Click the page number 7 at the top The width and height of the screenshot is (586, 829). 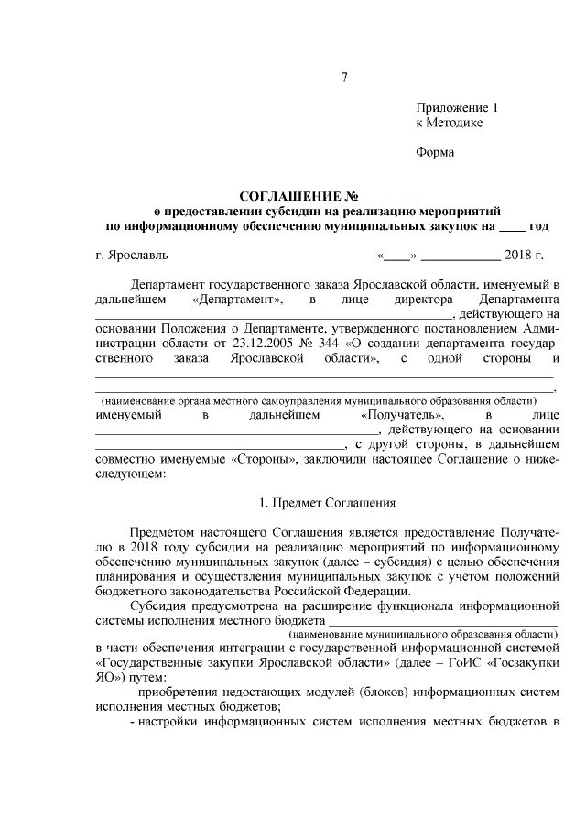pyautogui.click(x=345, y=78)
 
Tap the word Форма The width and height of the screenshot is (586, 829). pyautogui.click(x=435, y=152)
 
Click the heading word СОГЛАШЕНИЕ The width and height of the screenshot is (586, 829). pyautogui.click(x=290, y=196)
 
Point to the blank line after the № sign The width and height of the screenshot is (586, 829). pyautogui.click(x=389, y=198)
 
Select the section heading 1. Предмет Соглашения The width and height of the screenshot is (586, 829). pyautogui.click(x=327, y=502)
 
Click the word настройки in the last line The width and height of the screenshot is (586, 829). pyautogui.click(x=169, y=722)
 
